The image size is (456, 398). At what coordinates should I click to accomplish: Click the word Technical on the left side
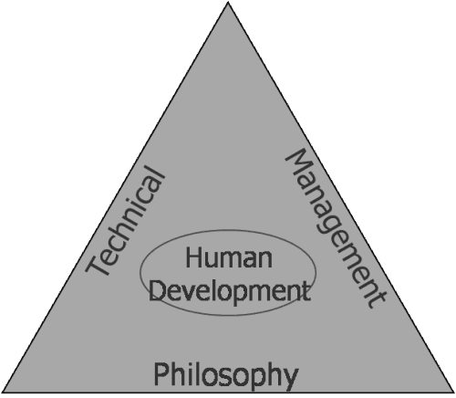click(x=125, y=221)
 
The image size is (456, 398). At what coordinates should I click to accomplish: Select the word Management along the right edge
click(x=336, y=228)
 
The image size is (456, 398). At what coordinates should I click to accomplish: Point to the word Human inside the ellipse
click(x=229, y=257)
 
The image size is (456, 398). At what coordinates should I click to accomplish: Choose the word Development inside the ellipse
click(x=230, y=290)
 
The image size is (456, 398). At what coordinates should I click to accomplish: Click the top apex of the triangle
click(x=228, y=2)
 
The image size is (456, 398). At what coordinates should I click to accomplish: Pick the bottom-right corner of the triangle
click(x=453, y=393)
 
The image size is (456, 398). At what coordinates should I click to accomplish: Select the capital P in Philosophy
click(x=161, y=373)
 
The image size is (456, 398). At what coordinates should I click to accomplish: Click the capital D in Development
click(x=157, y=289)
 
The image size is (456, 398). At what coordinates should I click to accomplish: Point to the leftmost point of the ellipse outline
click(x=140, y=272)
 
